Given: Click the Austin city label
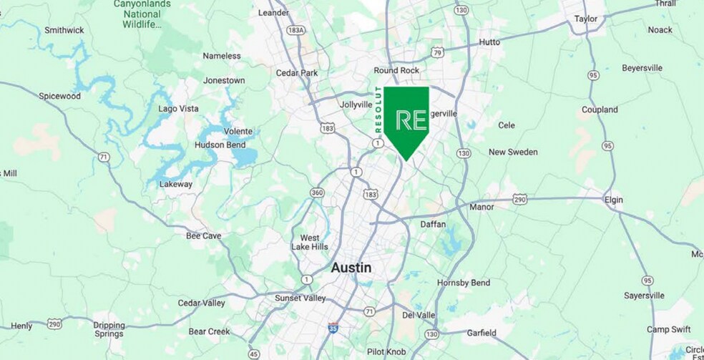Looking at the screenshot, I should pyautogui.click(x=351, y=268).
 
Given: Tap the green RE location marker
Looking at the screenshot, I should pyautogui.click(x=406, y=119).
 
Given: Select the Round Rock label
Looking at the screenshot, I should pyautogui.click(x=396, y=70).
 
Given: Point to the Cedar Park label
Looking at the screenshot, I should pyautogui.click(x=297, y=72).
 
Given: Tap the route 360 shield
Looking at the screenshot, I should pyautogui.click(x=317, y=193).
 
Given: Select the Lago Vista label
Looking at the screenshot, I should pyautogui.click(x=178, y=109).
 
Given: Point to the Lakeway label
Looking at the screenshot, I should pyautogui.click(x=176, y=184).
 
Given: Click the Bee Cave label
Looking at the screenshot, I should pyautogui.click(x=203, y=235).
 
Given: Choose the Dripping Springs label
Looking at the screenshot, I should pyautogui.click(x=109, y=329).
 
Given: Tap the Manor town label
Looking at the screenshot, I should pyautogui.click(x=481, y=207).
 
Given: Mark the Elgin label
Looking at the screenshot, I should pyautogui.click(x=613, y=200).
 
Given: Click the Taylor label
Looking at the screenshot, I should pyautogui.click(x=586, y=19).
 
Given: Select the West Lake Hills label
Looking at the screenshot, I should pyautogui.click(x=309, y=242).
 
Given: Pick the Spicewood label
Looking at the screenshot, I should pyautogui.click(x=59, y=96).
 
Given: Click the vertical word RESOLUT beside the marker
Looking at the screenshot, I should pyautogui.click(x=379, y=110).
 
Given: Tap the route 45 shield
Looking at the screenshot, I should pyautogui.click(x=254, y=354).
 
